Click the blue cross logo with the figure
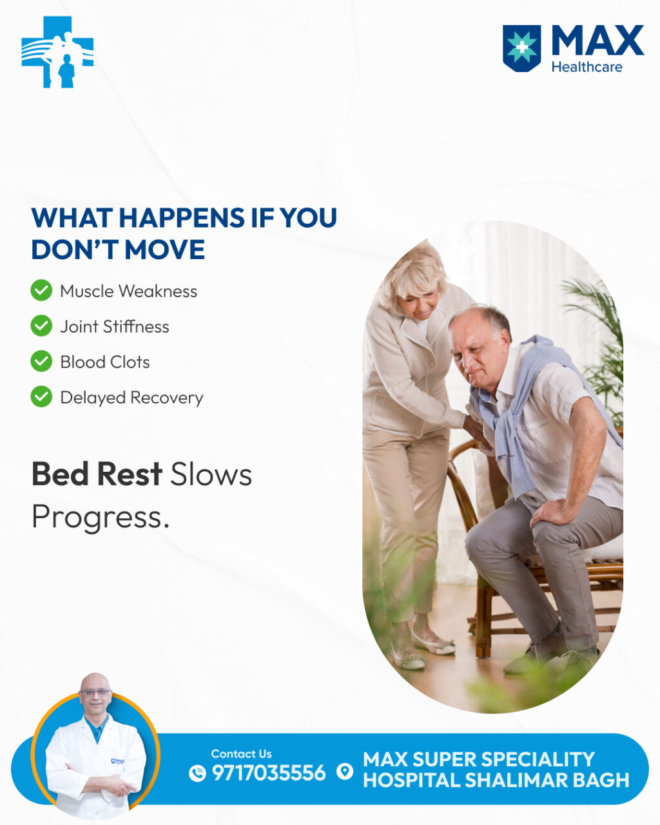coord(57,52)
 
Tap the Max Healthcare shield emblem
coord(521,48)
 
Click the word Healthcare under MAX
coord(587,67)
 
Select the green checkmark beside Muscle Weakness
coord(41,290)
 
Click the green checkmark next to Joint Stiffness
coord(41,325)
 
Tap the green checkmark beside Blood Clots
coord(41,361)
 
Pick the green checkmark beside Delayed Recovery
coord(41,396)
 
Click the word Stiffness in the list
coord(136,327)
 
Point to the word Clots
coord(130,362)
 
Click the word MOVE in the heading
coord(164,249)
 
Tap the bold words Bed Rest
coord(97,474)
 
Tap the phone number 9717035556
coord(269,773)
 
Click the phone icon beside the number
coord(197,773)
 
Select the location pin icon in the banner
coord(345,772)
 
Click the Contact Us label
coord(241,753)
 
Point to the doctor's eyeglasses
coord(95,693)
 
